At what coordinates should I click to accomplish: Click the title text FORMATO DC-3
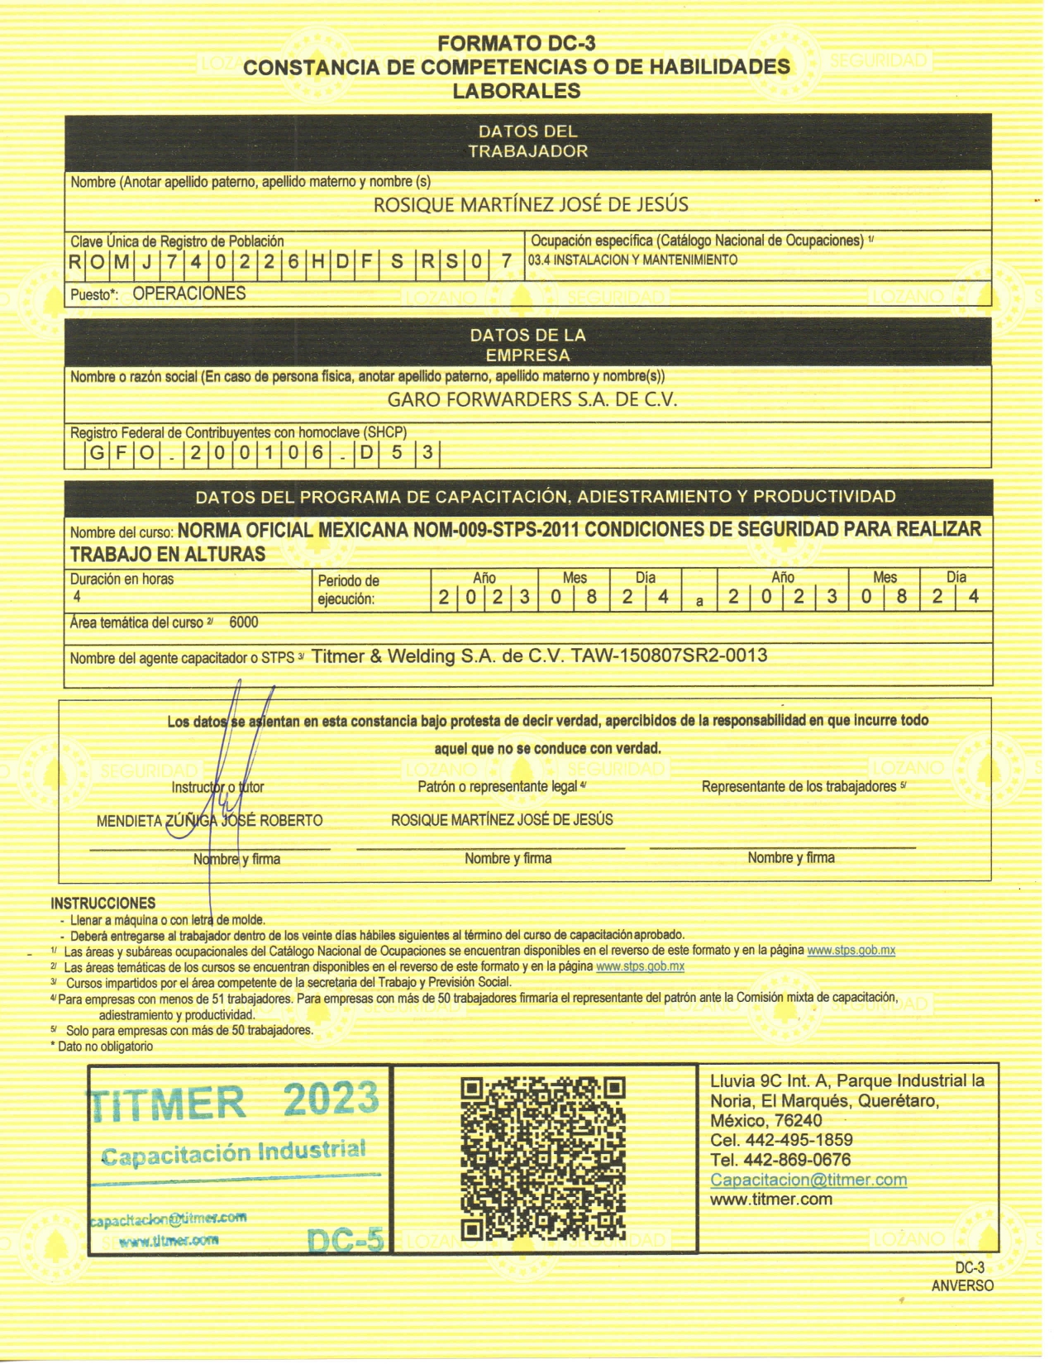(x=516, y=44)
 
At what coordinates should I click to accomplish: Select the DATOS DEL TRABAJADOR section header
(x=527, y=141)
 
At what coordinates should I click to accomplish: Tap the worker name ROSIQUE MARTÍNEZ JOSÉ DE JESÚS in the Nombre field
(x=531, y=204)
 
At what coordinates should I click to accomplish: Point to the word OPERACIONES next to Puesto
(x=189, y=293)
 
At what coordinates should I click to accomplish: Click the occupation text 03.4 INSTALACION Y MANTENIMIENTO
(x=632, y=260)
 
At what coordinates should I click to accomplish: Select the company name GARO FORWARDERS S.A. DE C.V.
(x=532, y=400)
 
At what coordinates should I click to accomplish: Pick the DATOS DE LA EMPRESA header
(x=527, y=346)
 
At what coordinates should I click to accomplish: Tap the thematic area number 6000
(x=244, y=622)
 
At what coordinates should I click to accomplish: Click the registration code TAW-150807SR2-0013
(x=669, y=656)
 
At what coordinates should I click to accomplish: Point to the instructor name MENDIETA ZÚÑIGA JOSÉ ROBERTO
(x=209, y=821)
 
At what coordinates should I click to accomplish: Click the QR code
(x=542, y=1157)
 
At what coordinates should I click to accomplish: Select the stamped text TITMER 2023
(x=233, y=1101)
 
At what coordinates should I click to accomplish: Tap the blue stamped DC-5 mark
(x=346, y=1240)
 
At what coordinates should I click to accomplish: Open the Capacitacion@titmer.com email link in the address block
(x=808, y=1180)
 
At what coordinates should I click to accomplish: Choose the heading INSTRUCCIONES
(x=103, y=904)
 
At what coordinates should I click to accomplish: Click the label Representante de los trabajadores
(x=799, y=787)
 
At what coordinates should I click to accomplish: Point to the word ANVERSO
(x=961, y=1286)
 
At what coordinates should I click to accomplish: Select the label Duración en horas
(x=122, y=579)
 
